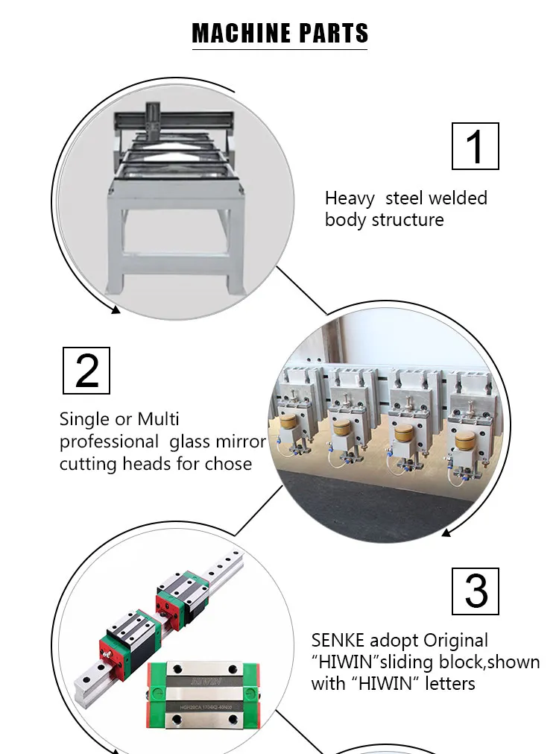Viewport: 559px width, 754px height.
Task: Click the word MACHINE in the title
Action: coord(241,34)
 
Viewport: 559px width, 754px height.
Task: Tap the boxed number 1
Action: coord(475,147)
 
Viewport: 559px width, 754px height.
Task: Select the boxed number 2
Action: coord(86,371)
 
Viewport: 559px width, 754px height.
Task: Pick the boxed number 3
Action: coord(476,591)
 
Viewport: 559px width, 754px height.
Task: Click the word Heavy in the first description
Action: coord(350,198)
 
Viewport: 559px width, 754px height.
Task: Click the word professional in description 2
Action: coord(110,442)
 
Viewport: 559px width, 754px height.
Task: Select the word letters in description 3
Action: coord(450,683)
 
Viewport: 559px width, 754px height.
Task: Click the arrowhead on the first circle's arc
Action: coord(115,309)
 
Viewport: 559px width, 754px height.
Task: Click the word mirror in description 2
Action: coord(241,442)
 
